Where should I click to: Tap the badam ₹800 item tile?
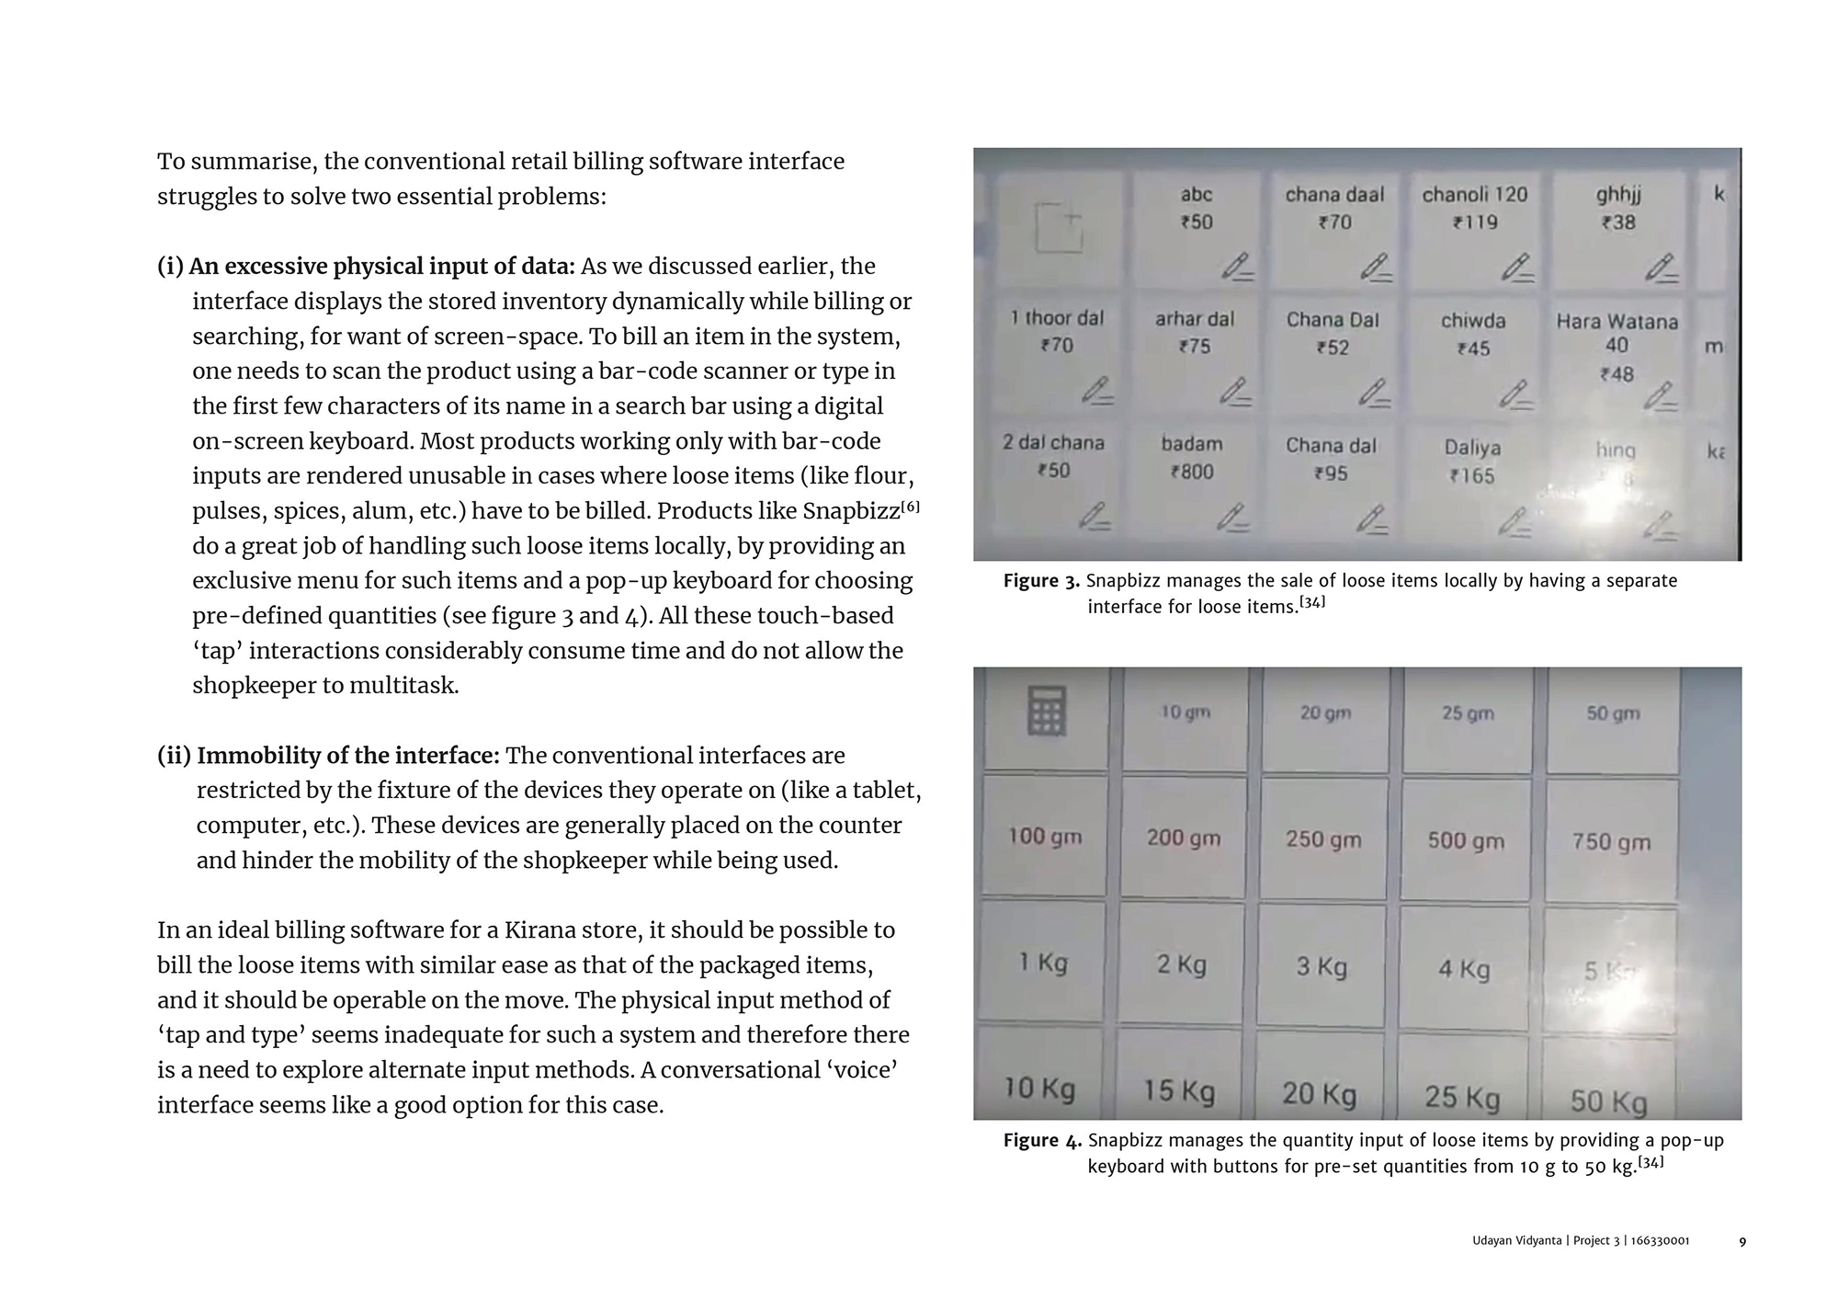coord(1192,479)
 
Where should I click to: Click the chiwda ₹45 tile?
coord(1473,354)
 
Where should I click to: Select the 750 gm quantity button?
coord(1611,841)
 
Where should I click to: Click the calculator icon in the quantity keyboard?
coord(1046,712)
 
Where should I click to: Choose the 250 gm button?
coord(1323,838)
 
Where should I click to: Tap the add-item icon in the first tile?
coord(1059,227)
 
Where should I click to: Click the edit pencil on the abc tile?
coord(1237,267)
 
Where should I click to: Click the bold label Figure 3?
coord(1041,581)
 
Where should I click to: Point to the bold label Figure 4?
coord(1042,1141)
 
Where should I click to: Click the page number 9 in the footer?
coord(1742,1241)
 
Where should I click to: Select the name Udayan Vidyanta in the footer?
coord(1516,1241)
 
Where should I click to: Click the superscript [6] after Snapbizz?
coord(910,507)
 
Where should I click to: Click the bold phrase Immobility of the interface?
coord(348,756)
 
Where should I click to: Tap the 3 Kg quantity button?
coord(1322,966)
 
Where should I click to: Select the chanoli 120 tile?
coord(1474,221)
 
